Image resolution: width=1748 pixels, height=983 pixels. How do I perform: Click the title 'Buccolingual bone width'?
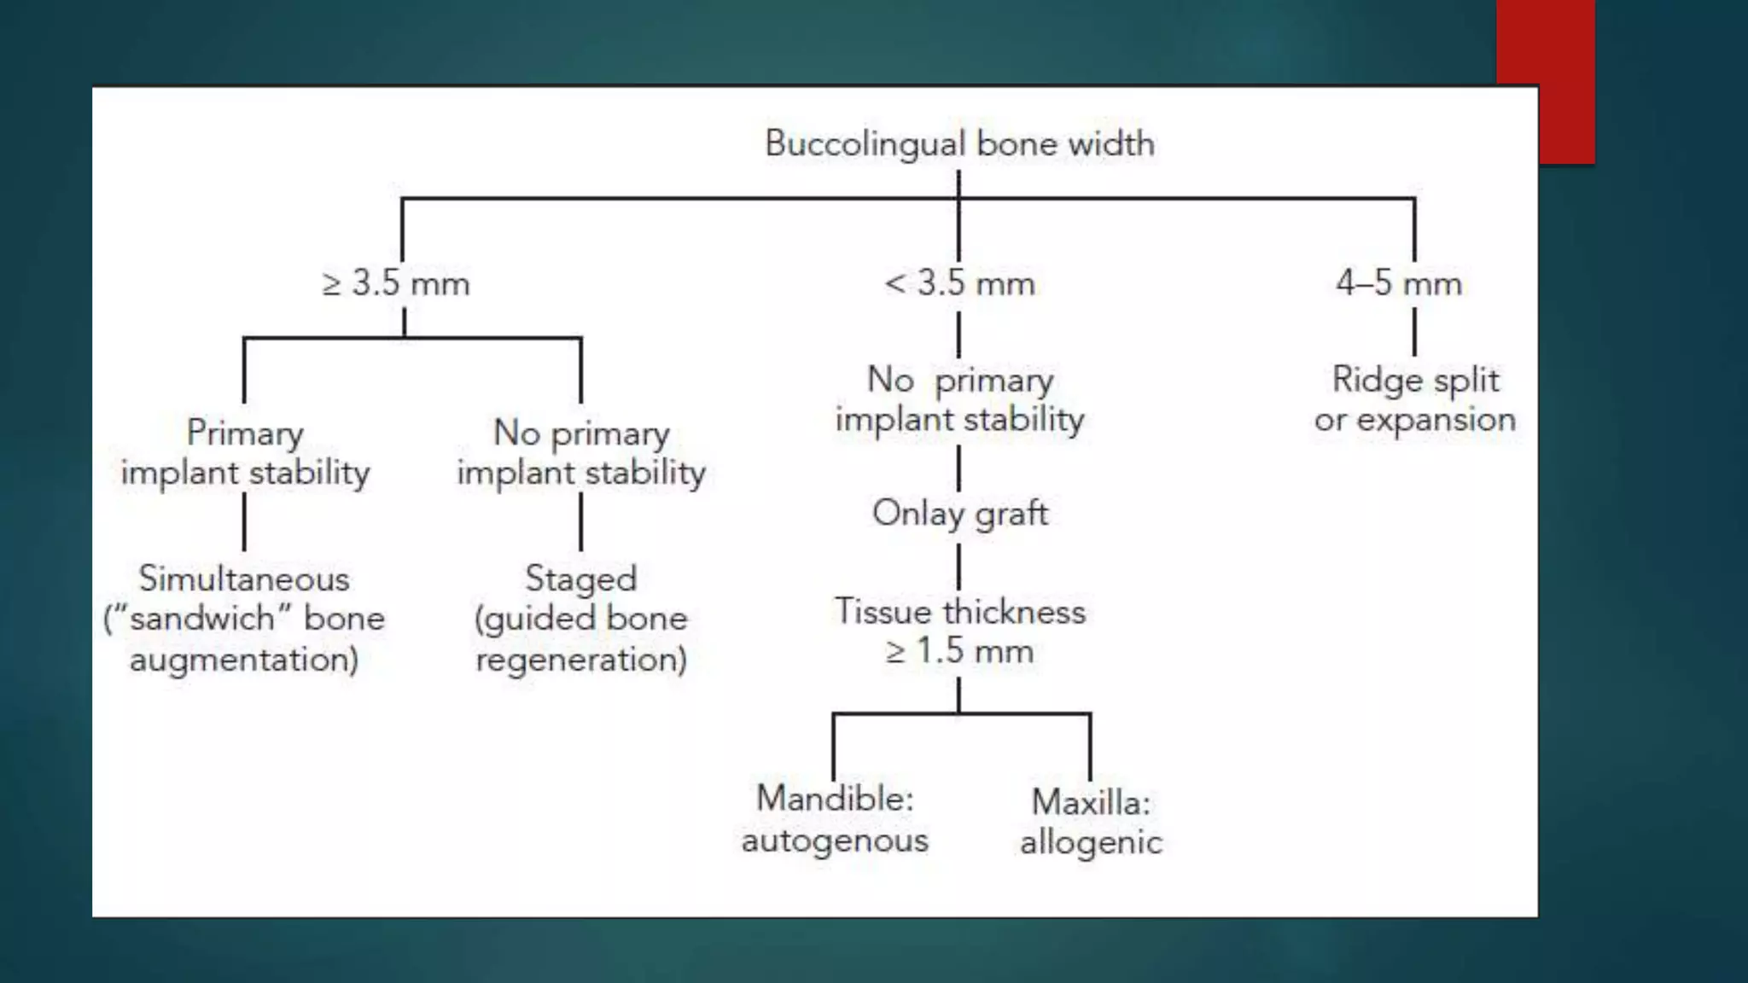[959, 143]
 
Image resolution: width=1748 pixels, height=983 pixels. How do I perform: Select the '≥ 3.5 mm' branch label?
[396, 283]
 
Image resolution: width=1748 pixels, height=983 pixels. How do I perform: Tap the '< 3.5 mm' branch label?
[959, 283]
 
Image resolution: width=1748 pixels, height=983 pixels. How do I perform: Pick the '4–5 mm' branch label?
[1399, 283]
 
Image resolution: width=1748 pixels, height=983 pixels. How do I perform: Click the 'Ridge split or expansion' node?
[1415, 399]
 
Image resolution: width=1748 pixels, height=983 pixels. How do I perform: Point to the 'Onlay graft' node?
[959, 514]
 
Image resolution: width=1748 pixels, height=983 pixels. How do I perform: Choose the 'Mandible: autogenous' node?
[835, 819]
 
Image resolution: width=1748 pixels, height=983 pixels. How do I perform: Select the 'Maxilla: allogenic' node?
[1091, 822]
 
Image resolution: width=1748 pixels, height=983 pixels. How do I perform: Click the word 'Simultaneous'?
[244, 579]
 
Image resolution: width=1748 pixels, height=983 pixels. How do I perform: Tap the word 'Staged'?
[580, 579]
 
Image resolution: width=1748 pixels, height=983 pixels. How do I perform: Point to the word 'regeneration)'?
[580, 660]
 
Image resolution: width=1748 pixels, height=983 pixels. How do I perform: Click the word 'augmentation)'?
[244, 660]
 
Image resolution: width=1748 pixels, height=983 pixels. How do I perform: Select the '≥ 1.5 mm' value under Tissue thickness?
[959, 652]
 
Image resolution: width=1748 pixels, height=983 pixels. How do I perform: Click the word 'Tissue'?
[883, 612]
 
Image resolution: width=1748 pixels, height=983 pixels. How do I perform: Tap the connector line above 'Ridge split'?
[1414, 332]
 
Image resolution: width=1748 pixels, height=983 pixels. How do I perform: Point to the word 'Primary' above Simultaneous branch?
[245, 433]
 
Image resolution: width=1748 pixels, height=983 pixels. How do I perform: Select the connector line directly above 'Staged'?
[581, 522]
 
